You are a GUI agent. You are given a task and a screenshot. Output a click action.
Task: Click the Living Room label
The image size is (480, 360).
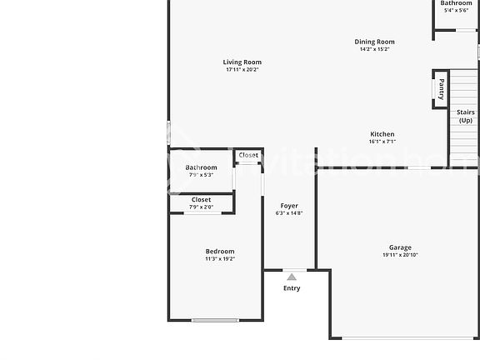coord(242,62)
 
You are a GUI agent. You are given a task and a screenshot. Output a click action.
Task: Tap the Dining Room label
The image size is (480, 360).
coord(374,42)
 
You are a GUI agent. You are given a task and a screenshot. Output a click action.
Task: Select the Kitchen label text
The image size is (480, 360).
coord(382,134)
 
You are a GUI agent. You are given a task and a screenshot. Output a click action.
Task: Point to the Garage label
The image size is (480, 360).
coord(400,247)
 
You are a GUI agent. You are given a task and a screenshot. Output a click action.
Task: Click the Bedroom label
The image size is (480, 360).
coord(220,252)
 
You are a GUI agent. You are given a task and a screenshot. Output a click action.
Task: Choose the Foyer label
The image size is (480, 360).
coord(289,206)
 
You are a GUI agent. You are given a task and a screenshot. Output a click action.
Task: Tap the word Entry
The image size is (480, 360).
coord(292,288)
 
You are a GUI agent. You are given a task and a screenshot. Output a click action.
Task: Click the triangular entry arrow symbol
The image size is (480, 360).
coord(292,277)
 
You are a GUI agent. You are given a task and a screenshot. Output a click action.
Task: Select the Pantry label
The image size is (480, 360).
coord(441,88)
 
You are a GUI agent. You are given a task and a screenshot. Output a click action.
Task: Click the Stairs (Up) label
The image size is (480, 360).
coord(465,116)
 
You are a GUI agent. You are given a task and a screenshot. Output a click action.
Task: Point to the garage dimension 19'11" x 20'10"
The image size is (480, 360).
coord(400,255)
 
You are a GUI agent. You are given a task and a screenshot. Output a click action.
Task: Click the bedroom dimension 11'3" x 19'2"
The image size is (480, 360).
coord(220,259)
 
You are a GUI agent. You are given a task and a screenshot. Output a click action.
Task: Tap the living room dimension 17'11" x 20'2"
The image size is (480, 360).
coord(242,70)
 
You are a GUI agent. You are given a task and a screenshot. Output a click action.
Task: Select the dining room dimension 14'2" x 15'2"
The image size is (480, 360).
coord(374,49)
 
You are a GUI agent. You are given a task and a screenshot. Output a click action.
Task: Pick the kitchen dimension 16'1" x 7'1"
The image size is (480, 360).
coord(382,142)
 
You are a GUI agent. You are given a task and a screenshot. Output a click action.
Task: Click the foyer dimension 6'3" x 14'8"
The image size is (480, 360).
coord(289,213)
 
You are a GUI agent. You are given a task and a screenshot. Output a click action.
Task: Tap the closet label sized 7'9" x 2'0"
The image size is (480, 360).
coord(202,200)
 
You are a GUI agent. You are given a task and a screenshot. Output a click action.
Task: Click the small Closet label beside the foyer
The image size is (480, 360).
coord(248,155)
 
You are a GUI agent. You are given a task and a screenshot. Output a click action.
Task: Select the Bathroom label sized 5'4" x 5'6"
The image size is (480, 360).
coord(457,3)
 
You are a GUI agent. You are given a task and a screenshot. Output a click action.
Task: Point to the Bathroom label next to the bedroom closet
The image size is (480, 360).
coord(202,167)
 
